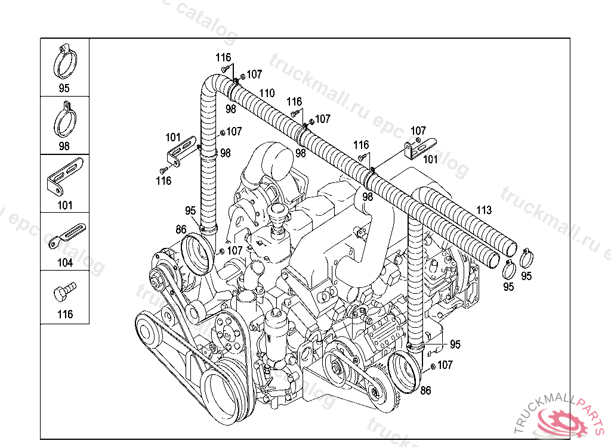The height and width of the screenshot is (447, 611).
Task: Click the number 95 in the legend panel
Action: [x=64, y=88]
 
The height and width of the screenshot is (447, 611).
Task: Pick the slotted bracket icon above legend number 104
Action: [x=67, y=237]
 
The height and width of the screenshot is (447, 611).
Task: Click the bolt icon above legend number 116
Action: [x=64, y=292]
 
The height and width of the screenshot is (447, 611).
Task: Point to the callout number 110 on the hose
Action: [x=267, y=94]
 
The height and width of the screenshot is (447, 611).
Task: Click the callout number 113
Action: [x=484, y=210]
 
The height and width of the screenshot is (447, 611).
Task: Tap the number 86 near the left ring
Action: [x=181, y=229]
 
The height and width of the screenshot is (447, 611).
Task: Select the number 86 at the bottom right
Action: [x=425, y=390]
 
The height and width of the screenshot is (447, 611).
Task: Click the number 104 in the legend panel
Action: [x=65, y=263]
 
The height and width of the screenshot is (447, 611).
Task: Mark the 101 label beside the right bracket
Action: [x=431, y=159]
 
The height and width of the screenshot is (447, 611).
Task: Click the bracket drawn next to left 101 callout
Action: [x=182, y=152]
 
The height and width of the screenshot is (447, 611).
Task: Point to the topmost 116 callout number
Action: [x=223, y=58]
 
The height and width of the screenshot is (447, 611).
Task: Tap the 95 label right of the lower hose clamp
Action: [x=455, y=344]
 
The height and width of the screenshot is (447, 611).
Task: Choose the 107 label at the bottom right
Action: [x=445, y=365]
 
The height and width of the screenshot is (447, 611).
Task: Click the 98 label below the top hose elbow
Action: [x=231, y=109]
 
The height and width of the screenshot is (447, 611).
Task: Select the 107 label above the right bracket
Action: [x=418, y=131]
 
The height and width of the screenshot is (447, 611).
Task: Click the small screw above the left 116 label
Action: [x=163, y=170]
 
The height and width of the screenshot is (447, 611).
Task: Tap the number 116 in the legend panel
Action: [x=65, y=314]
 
